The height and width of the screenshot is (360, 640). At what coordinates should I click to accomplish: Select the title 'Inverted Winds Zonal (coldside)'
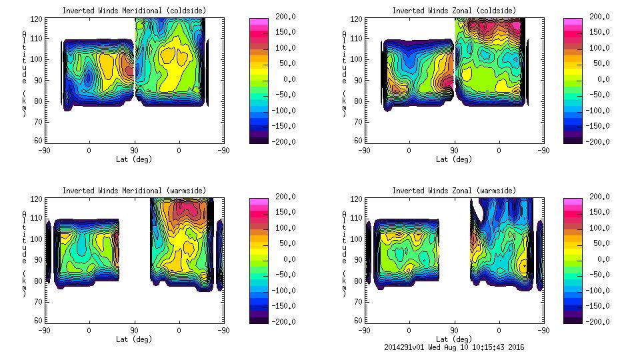(x=454, y=11)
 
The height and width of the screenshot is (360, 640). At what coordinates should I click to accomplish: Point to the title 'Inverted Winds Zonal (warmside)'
(x=454, y=191)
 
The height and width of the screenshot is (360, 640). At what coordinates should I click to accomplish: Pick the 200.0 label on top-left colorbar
(x=281, y=16)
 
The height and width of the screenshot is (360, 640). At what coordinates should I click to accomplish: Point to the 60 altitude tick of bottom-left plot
(x=39, y=321)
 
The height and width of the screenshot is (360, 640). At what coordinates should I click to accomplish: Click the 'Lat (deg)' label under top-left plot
(x=134, y=159)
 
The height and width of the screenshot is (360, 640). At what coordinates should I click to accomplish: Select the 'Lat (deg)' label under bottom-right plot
(x=455, y=339)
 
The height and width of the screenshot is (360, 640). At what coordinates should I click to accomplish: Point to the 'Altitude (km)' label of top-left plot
(x=25, y=73)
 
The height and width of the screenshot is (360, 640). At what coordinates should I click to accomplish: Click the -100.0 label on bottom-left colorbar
(x=281, y=290)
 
